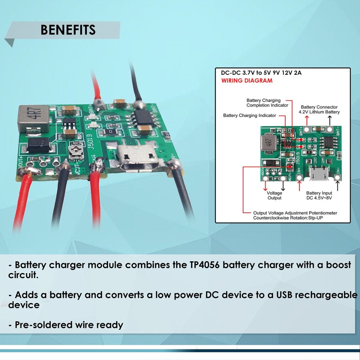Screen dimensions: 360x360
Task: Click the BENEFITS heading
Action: [x=68, y=30]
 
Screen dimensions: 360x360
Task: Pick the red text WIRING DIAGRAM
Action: [x=247, y=81]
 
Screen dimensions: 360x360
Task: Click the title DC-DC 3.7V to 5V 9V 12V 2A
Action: [x=261, y=73]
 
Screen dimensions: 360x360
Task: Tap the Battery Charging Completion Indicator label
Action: [x=267, y=103]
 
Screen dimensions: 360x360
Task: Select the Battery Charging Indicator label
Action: [x=249, y=115]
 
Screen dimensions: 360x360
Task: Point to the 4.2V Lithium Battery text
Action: [x=319, y=112]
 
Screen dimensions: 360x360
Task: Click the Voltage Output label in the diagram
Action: [x=274, y=195]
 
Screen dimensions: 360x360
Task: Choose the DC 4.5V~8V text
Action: [x=319, y=198]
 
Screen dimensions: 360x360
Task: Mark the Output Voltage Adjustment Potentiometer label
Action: [x=295, y=213]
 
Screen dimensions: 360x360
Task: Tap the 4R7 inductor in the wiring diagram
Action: [x=269, y=144]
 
